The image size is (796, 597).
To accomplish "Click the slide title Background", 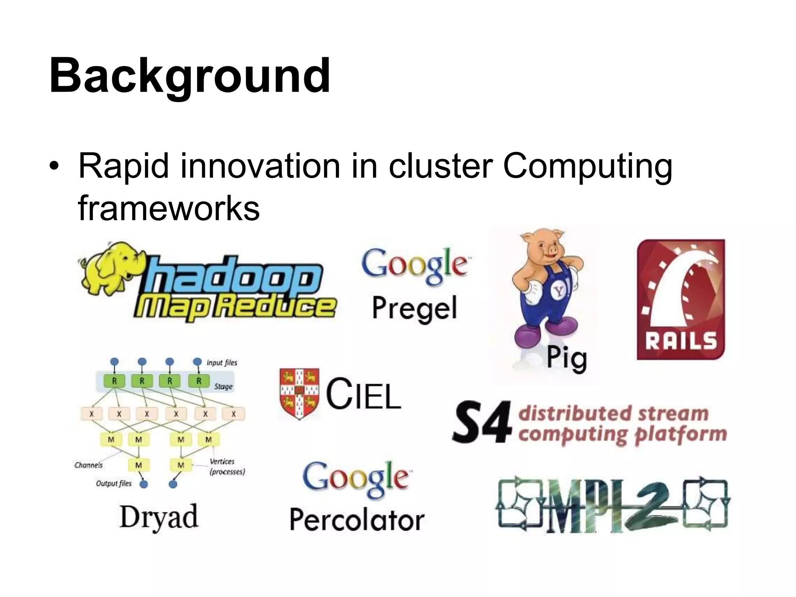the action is (190, 76).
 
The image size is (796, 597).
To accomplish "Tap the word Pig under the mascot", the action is (567, 358).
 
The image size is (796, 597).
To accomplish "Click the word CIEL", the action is (363, 394).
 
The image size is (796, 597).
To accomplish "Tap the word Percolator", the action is (357, 520).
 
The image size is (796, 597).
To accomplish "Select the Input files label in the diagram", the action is (222, 363).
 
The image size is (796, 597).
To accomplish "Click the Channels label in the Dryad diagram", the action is (89, 465).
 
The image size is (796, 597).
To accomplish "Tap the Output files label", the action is (114, 484).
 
